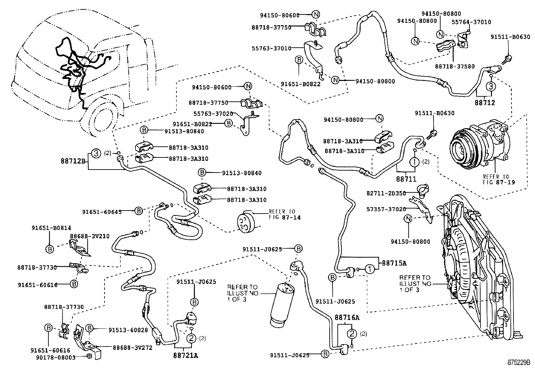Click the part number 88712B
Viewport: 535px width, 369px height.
tap(73, 161)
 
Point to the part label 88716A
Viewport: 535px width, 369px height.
tap(347, 317)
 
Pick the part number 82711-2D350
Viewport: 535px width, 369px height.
tap(386, 193)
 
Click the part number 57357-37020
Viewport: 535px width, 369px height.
tap(386, 209)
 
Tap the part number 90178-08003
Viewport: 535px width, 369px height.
tap(55, 357)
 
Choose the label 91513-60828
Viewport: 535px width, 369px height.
tap(128, 330)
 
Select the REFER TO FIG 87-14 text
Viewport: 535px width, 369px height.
tap(284, 215)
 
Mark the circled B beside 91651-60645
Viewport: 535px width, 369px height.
tap(139, 211)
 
